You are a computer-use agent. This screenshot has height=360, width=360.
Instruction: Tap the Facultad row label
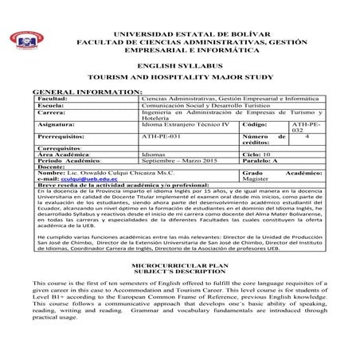[53, 97]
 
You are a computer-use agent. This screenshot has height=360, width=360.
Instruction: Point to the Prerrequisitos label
[61, 136]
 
